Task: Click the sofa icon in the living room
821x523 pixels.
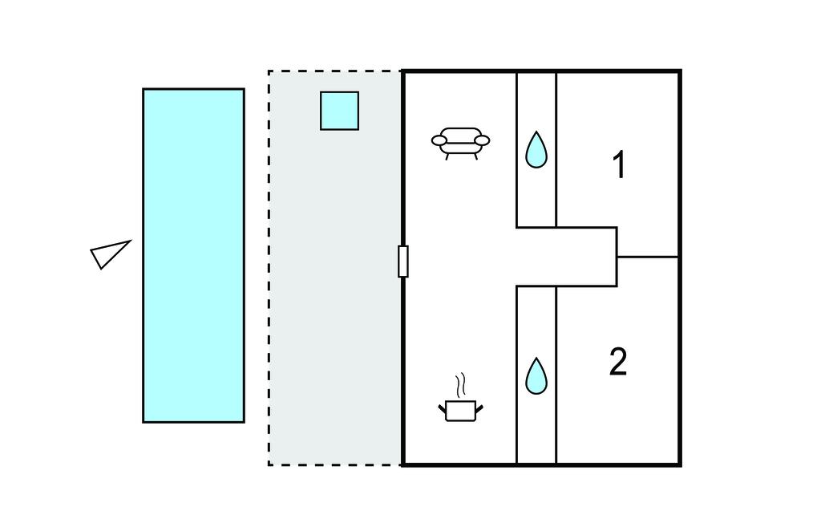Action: click(460, 142)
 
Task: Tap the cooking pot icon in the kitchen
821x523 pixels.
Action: click(460, 411)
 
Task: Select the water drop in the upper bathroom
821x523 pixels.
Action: click(536, 149)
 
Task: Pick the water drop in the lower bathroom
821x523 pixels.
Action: click(536, 376)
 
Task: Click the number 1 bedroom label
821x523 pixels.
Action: click(618, 165)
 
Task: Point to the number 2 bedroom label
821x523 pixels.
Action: click(618, 362)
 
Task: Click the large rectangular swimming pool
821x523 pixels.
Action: click(193, 255)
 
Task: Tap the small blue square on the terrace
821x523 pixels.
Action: click(339, 111)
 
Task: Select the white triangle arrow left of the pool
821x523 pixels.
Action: click(108, 254)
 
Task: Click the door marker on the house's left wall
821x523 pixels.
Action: click(403, 261)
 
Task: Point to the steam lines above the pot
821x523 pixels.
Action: click(459, 386)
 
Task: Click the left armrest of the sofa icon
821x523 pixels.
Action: click(439, 141)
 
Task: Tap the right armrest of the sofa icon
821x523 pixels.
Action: click(482, 141)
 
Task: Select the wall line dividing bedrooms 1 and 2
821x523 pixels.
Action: click(648, 257)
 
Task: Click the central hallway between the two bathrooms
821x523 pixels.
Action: click(565, 257)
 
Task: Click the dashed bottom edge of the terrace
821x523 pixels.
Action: click(335, 464)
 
